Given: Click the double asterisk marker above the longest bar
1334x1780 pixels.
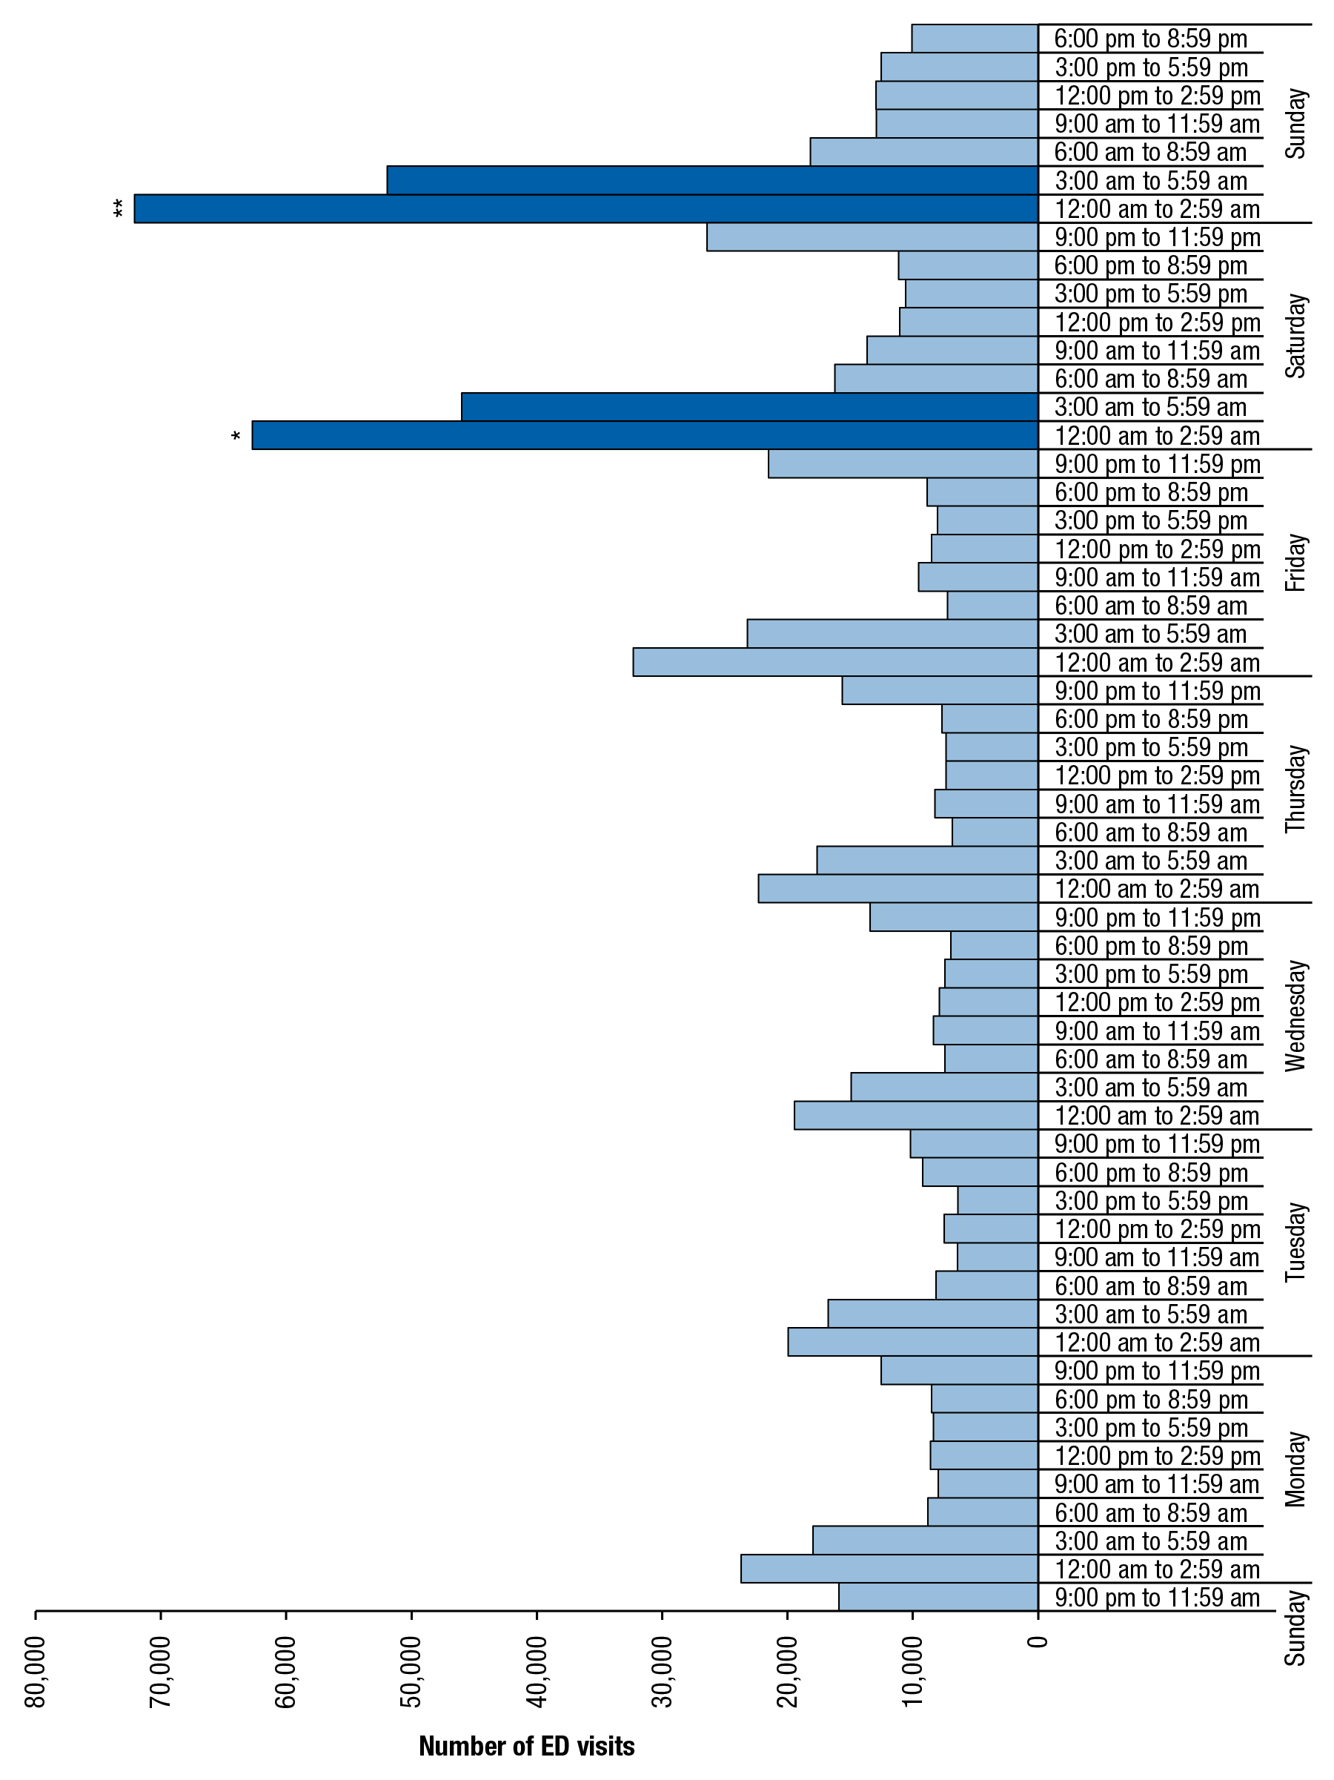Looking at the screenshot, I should [119, 209].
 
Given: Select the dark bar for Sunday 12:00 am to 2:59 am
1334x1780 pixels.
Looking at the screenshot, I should [585, 209].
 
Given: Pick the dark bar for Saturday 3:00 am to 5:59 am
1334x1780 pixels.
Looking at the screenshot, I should [749, 407].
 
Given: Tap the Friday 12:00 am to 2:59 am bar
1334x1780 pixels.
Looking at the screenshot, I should [835, 662].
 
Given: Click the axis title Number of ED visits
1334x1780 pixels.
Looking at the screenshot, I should [527, 1745].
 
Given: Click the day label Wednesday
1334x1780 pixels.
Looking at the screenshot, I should [1295, 1016].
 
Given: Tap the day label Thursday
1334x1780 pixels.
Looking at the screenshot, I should [1295, 789].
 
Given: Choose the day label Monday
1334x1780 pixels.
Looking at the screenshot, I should [1295, 1469].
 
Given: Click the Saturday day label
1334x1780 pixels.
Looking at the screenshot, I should [1295, 336].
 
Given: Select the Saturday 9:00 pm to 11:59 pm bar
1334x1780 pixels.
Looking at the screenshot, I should [872, 237].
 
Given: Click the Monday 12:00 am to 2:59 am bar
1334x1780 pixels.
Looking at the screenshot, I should [889, 1569].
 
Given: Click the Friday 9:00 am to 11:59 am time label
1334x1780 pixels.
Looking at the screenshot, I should [1157, 578].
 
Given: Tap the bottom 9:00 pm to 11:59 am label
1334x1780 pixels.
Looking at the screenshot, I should [1157, 1598].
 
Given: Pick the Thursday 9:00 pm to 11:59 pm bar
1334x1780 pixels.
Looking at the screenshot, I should [940, 690].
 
